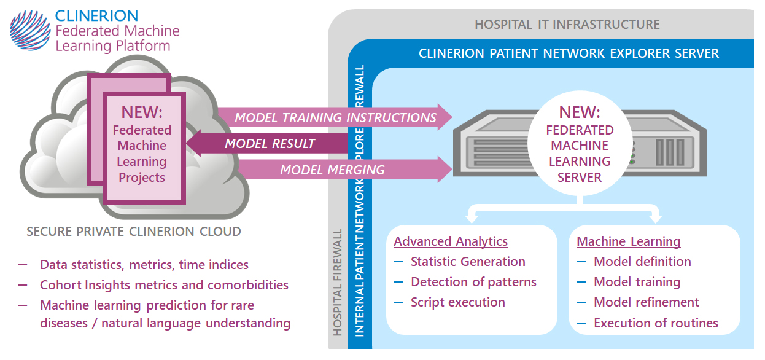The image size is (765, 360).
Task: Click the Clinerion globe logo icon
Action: point(29,31)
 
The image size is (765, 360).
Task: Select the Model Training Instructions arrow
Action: point(335,117)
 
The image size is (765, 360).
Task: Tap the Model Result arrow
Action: point(270,144)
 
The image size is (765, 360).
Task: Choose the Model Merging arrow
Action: point(333,170)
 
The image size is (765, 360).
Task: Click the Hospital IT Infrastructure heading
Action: point(567,25)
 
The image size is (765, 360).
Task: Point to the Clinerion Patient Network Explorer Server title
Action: point(569,53)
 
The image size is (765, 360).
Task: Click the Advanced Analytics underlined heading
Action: point(451,241)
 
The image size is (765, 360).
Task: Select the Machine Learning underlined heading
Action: point(628,241)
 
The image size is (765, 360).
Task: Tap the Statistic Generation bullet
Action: point(468,262)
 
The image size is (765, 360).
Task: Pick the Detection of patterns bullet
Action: point(473,282)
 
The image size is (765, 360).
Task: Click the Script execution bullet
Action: point(457,302)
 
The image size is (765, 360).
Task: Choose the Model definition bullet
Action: point(642,262)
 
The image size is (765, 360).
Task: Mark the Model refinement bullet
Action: point(646,302)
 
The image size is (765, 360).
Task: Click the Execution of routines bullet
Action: point(656,323)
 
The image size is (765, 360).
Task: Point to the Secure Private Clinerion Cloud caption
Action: point(133,232)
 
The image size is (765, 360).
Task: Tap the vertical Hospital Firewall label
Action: point(337,283)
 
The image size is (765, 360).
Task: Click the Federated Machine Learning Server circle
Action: point(579,146)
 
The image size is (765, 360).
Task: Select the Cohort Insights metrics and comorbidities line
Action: point(164,285)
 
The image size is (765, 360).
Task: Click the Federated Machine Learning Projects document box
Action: point(142,147)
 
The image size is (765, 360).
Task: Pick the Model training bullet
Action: point(637,282)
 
